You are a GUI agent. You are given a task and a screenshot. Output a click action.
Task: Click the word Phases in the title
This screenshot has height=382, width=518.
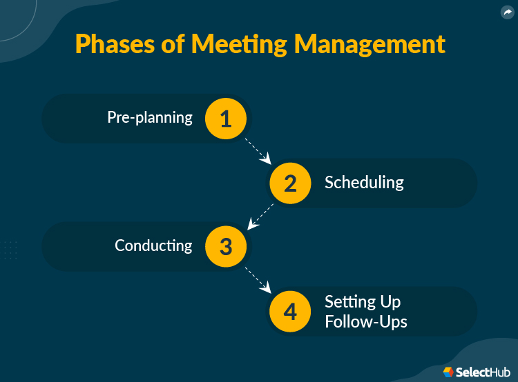click(115, 44)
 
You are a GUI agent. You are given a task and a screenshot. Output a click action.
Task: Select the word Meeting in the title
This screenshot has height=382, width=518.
click(239, 45)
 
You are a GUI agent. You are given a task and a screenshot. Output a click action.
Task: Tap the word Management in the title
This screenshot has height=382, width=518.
click(370, 45)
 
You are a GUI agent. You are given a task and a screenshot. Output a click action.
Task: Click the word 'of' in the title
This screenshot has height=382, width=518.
click(173, 43)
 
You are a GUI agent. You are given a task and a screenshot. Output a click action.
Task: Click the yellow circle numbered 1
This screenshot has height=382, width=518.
click(226, 119)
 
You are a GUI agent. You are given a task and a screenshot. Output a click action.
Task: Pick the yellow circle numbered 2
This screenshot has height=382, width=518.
click(290, 183)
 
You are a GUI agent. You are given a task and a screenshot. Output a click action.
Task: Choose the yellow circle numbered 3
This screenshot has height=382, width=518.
click(226, 246)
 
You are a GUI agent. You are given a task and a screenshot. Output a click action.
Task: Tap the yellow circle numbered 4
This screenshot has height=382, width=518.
click(290, 312)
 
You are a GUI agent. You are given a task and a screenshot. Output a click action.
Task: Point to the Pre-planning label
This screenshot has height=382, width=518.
click(150, 117)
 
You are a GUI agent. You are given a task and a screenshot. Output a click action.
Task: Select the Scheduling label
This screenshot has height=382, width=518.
click(364, 183)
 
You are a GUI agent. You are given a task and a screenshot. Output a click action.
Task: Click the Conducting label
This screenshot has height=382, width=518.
click(153, 245)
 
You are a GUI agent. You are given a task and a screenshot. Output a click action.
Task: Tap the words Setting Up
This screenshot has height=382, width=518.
click(363, 302)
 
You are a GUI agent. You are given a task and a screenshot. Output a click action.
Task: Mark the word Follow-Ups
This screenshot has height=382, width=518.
click(365, 321)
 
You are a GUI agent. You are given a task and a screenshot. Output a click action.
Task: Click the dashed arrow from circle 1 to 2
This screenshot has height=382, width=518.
click(258, 151)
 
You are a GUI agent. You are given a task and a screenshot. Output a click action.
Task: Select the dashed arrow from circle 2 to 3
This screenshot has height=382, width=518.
click(260, 217)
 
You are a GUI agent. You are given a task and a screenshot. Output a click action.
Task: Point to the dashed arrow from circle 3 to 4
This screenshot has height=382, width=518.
click(258, 280)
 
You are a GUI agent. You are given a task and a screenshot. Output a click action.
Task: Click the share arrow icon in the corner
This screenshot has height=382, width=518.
click(508, 12)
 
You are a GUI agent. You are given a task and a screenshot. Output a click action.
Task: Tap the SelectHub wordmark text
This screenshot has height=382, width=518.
click(483, 372)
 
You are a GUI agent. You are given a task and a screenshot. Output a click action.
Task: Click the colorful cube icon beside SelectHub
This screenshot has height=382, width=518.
click(448, 372)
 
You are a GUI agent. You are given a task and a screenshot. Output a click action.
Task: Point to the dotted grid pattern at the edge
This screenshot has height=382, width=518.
click(9, 250)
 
